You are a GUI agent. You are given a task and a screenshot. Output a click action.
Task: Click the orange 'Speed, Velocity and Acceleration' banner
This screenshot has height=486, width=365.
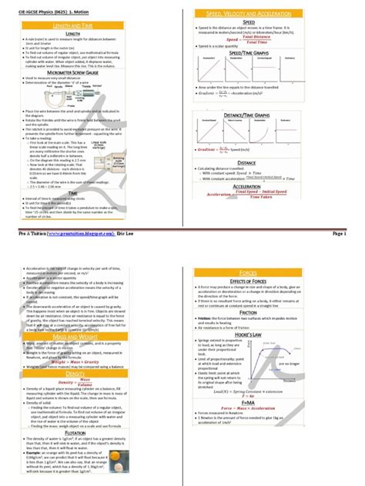(x=273, y=15)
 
